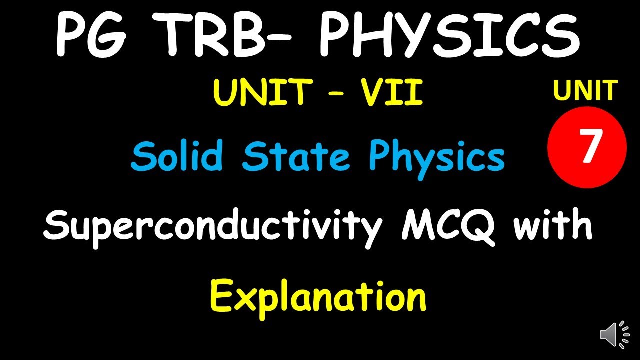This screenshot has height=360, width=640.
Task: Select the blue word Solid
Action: point(176,156)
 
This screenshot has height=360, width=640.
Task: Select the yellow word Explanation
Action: point(318,296)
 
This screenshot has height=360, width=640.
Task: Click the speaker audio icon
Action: point(614,334)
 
